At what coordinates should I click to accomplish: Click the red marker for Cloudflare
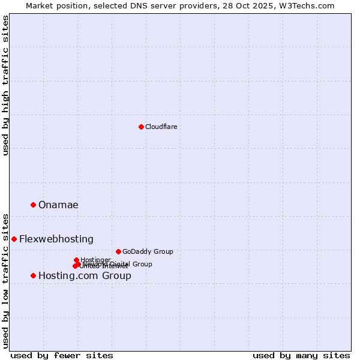coord(141,127)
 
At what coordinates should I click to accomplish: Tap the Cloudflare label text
coord(161,127)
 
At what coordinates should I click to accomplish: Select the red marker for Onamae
coord(33,205)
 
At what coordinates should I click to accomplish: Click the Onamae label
coord(58,205)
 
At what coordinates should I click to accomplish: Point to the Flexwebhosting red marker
coord(14,239)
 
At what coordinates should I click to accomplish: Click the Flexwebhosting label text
coord(56,239)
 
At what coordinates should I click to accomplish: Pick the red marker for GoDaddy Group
coord(118,251)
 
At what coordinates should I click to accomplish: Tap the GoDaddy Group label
coord(148,252)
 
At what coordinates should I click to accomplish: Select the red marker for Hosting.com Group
coord(33,275)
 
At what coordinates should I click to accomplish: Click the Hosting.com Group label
coord(85,276)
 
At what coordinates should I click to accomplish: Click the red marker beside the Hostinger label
coord(76,260)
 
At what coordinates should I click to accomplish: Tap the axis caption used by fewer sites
coord(62,356)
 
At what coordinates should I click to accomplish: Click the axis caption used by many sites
coord(301,356)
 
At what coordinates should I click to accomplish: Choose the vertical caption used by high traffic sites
coord(5,85)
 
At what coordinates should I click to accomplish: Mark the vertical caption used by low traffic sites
coord(5,280)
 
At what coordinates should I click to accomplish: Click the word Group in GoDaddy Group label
coord(163,252)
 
